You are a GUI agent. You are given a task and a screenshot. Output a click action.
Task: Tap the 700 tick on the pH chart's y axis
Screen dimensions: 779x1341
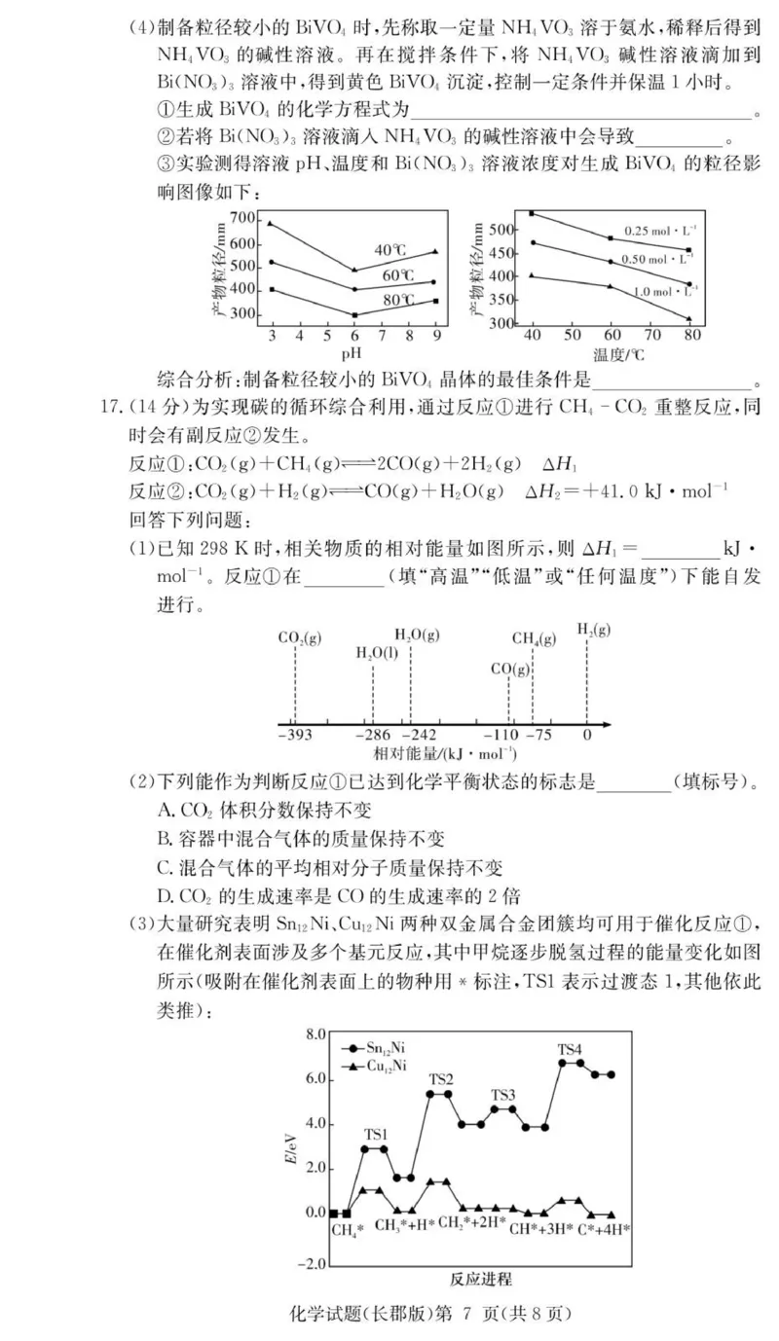[x=243, y=218]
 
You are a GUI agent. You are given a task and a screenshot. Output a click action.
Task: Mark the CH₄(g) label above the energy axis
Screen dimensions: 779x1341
[x=534, y=638]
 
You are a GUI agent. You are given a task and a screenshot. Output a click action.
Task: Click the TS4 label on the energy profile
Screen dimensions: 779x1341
[x=570, y=1049]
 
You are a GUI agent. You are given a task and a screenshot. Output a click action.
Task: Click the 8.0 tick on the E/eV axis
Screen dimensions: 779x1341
[x=315, y=1033]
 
